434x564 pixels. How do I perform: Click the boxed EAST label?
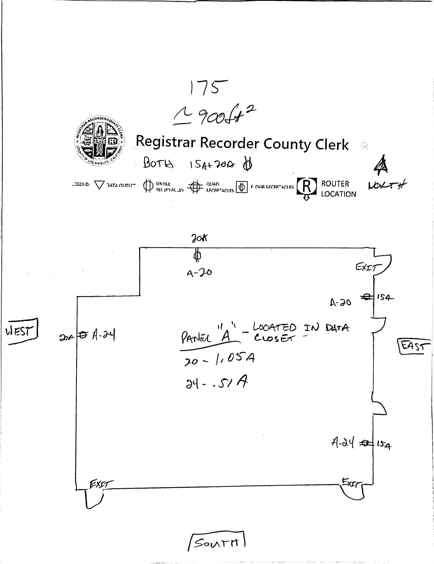pos(414,346)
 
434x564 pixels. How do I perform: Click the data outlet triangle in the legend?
pos(99,185)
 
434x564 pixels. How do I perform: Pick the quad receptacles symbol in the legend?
pos(195,187)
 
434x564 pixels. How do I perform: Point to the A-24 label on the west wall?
pos(103,335)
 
